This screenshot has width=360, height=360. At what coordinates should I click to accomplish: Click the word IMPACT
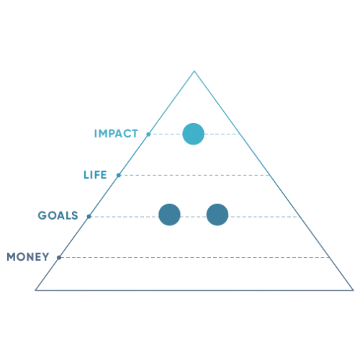click(116, 134)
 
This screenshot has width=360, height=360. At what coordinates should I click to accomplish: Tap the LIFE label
click(95, 175)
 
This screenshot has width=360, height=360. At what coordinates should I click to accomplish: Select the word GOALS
click(58, 215)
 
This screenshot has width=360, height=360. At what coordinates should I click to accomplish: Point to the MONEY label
click(28, 257)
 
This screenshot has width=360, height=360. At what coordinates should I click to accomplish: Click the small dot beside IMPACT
click(148, 134)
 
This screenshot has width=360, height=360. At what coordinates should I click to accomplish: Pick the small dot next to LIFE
click(119, 175)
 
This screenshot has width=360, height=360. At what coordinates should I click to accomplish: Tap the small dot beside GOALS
click(89, 217)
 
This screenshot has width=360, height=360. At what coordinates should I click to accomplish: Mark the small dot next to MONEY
click(59, 258)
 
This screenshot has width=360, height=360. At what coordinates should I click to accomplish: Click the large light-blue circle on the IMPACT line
click(194, 134)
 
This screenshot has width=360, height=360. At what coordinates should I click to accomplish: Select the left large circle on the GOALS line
click(169, 215)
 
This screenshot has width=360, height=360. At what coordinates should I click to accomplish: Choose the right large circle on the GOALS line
click(217, 215)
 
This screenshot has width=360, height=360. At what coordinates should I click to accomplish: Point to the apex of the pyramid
click(194, 71)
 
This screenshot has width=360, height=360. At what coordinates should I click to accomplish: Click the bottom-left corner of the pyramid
click(36, 290)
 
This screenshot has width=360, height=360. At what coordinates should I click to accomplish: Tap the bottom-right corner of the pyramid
click(353, 290)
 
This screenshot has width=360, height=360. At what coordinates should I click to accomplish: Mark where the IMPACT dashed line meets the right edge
click(240, 134)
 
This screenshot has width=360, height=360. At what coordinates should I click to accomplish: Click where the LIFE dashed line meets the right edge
click(270, 175)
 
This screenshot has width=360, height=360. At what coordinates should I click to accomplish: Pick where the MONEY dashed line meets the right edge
click(330, 258)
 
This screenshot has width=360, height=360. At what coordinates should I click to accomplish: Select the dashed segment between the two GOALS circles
click(194, 217)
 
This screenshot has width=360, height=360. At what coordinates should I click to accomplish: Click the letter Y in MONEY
click(45, 257)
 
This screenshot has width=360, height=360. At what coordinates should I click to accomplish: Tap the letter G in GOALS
click(42, 215)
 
